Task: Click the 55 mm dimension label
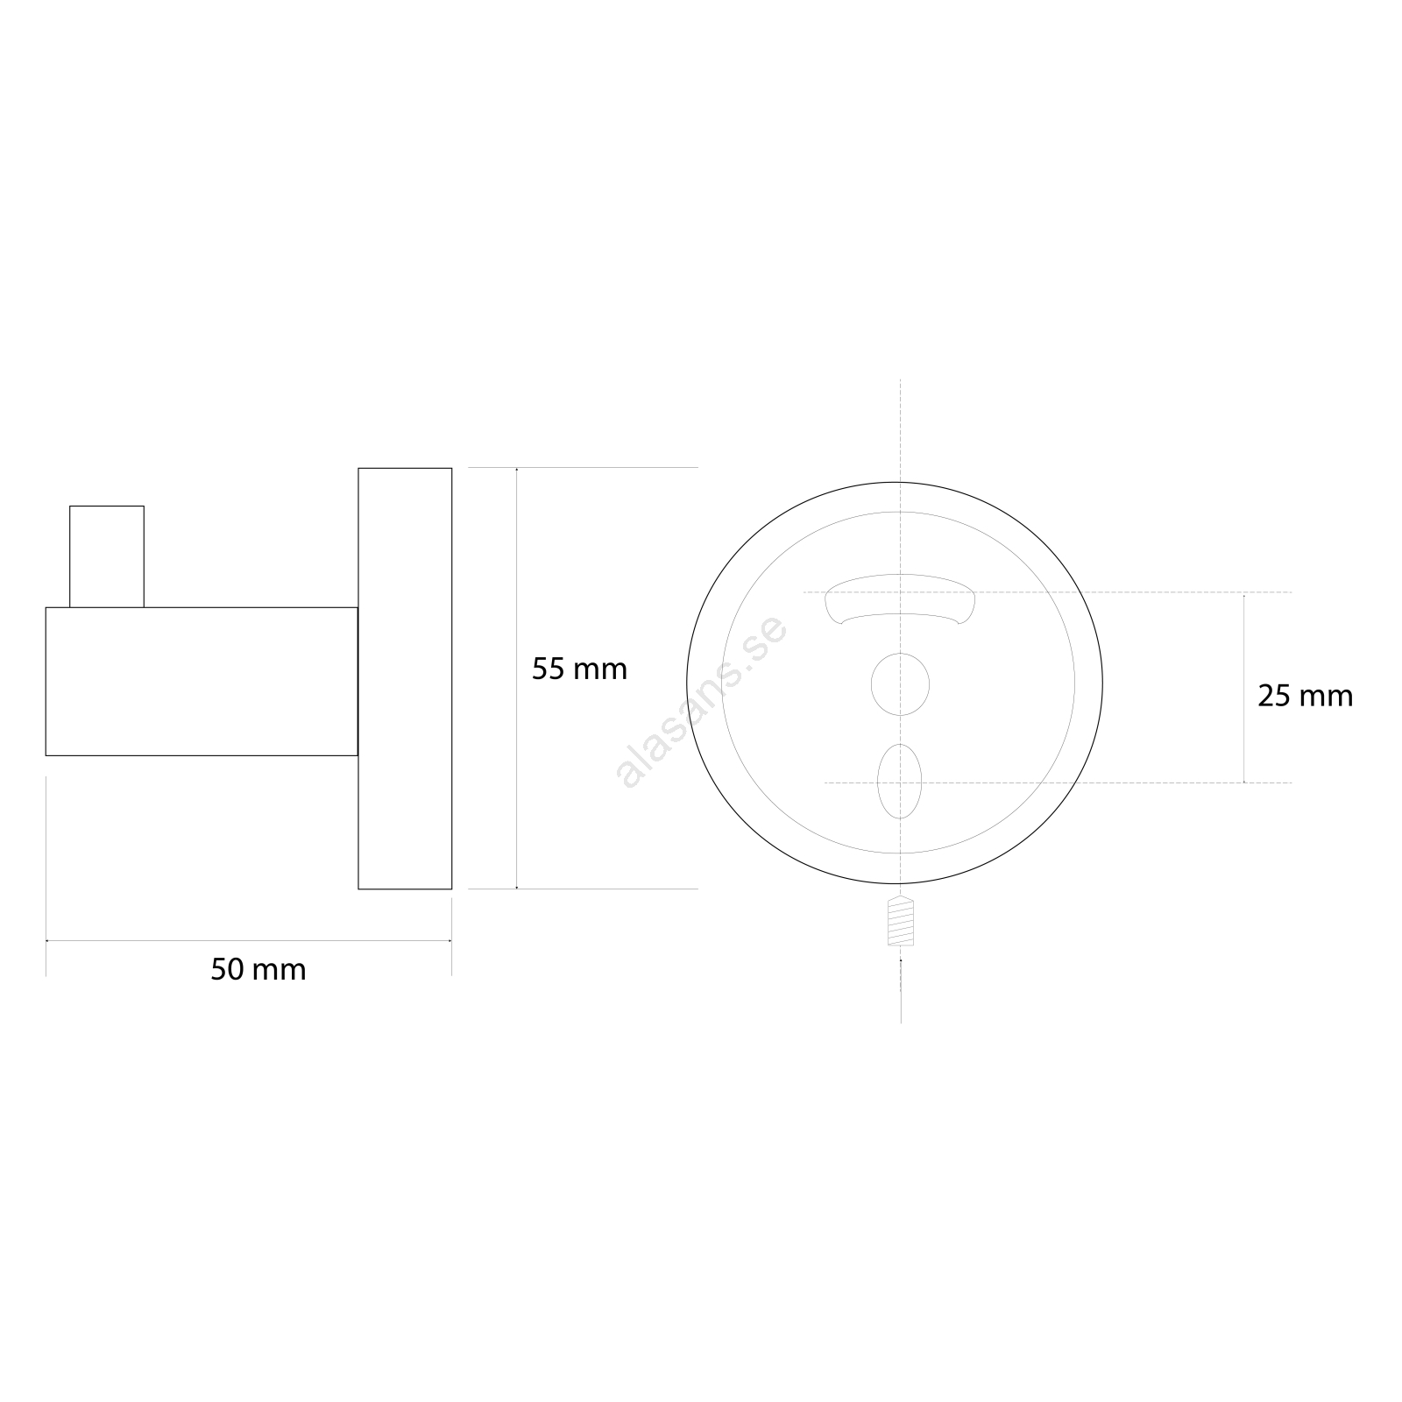pos(579,669)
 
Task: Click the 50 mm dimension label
pos(258,970)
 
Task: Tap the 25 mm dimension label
pos(1306,696)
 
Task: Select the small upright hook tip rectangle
pos(107,556)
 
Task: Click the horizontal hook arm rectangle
pos(202,681)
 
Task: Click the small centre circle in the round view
pos(900,683)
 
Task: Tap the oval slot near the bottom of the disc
pos(900,781)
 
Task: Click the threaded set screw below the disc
pos(901,921)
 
